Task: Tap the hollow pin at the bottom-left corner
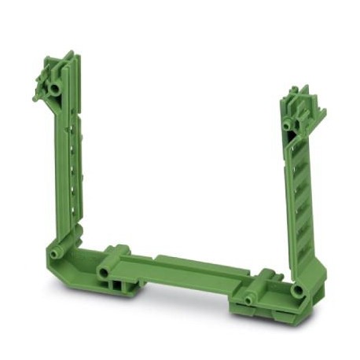(56, 253)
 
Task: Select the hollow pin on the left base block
(103, 271)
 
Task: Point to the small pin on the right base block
(250, 299)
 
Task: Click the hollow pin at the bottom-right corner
(299, 290)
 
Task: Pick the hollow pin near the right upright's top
(288, 124)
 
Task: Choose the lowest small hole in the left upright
(75, 206)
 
